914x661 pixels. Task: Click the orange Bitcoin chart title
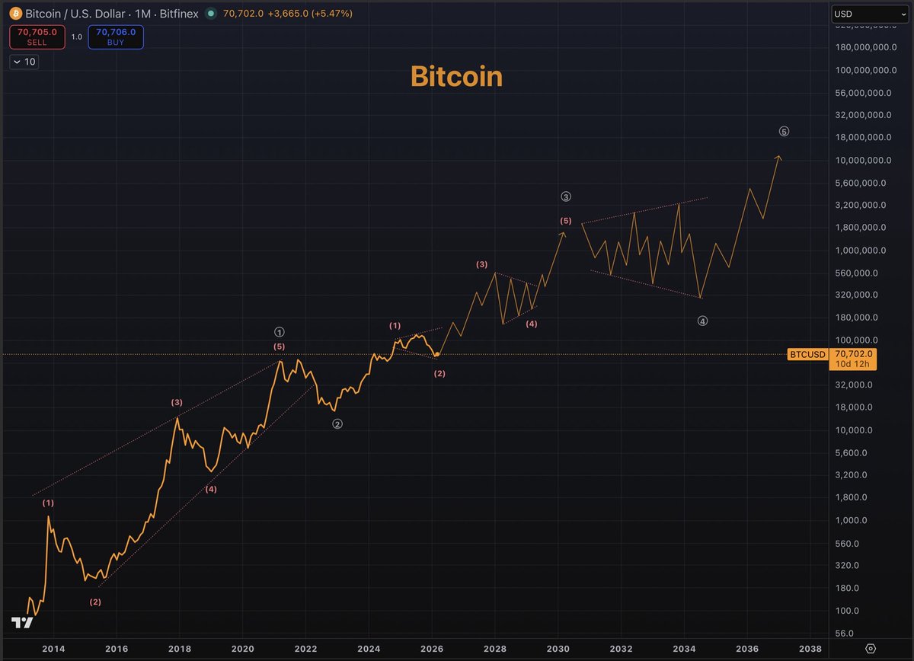[x=456, y=76]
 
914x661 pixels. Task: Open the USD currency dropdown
[x=868, y=14]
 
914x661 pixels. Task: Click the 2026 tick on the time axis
[x=431, y=648]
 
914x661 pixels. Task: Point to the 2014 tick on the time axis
[x=53, y=648]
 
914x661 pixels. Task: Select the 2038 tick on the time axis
[x=810, y=648]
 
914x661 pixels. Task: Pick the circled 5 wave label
[x=784, y=132]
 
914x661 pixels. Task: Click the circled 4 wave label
[x=702, y=321]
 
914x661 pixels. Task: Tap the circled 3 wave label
[x=566, y=196]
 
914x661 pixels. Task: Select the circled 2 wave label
[x=337, y=424]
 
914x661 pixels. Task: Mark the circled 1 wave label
[x=280, y=332]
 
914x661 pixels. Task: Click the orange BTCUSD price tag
[x=806, y=354]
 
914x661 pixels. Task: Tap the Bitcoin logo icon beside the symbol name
[x=17, y=14]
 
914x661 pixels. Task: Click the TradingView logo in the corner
[x=22, y=623]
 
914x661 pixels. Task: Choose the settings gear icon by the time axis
[x=871, y=648]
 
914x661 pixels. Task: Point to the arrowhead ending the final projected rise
[x=778, y=157]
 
